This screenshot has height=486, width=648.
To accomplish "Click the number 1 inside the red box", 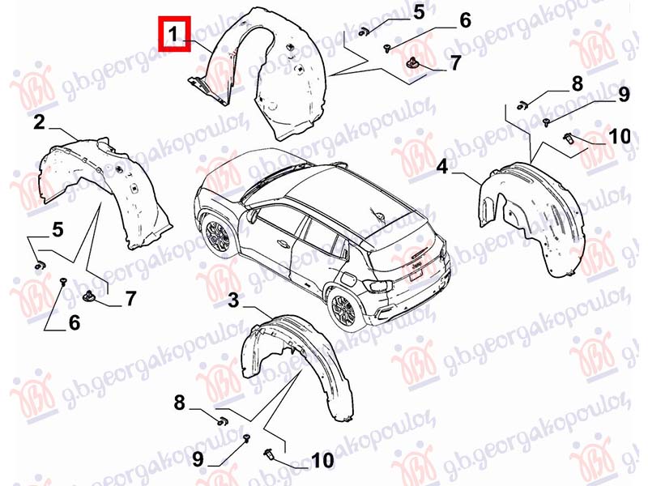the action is click(x=174, y=33).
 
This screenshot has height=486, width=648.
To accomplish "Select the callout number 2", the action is click(x=39, y=122).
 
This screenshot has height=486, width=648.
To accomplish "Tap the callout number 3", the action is click(x=233, y=301).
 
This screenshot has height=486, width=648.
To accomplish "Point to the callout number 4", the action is click(x=442, y=167).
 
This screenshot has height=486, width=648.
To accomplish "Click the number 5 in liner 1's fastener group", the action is click(x=419, y=12).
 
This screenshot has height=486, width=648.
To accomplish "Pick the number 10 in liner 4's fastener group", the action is click(x=620, y=136).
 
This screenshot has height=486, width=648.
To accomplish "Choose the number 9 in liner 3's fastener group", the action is click(x=198, y=458).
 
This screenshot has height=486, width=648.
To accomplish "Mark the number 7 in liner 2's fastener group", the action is click(x=130, y=298).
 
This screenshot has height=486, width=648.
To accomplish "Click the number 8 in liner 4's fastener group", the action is click(x=577, y=84).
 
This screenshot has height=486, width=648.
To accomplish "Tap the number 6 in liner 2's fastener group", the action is click(x=74, y=322).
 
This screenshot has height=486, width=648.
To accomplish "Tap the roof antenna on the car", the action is click(x=378, y=215).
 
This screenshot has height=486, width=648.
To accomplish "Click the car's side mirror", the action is click(x=252, y=215).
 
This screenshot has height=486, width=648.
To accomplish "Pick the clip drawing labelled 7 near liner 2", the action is click(x=89, y=296).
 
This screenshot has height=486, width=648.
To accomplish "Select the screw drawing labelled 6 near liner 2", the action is click(x=63, y=281).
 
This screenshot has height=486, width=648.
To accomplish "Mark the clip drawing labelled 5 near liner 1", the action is click(x=364, y=31).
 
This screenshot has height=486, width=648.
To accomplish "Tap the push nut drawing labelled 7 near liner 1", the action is click(x=411, y=62).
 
